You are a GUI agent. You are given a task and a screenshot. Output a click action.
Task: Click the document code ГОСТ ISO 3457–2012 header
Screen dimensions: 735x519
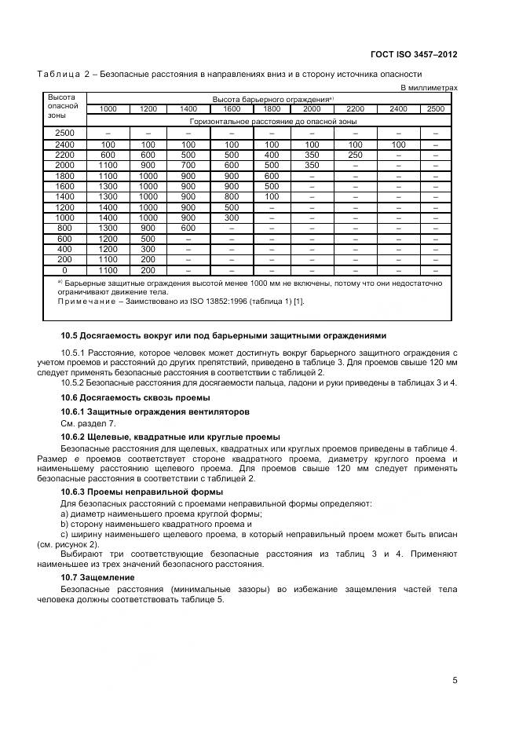(x=413, y=55)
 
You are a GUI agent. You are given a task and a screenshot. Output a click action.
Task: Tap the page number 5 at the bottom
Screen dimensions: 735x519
(x=455, y=680)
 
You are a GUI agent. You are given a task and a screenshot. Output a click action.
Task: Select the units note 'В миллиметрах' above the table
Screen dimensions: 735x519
(x=429, y=88)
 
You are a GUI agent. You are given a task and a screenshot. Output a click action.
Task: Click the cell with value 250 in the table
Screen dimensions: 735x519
(x=356, y=155)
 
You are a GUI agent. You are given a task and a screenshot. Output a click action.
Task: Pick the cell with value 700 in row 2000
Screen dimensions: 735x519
(x=188, y=166)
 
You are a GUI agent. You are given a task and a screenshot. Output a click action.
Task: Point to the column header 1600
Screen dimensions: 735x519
(x=232, y=109)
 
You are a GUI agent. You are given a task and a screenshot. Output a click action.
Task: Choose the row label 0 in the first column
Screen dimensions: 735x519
(x=64, y=269)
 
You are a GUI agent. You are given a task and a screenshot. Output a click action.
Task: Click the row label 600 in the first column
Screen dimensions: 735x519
(x=64, y=239)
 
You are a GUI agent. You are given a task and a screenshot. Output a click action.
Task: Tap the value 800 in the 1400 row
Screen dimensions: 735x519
(x=232, y=196)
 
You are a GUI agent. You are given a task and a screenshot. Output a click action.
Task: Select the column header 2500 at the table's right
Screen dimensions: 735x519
(x=435, y=109)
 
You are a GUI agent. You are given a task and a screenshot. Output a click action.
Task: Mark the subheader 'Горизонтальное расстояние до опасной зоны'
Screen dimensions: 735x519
(x=273, y=122)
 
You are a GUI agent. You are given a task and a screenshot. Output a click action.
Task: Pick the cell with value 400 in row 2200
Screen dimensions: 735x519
(x=272, y=155)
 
